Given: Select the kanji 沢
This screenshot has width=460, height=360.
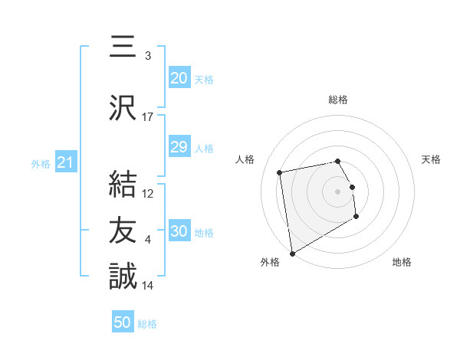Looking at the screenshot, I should (123, 109).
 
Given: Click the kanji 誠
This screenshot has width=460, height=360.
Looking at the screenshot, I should (123, 277).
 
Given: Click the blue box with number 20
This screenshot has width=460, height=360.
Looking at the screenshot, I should (179, 78).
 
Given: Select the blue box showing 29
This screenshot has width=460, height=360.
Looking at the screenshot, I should (179, 147).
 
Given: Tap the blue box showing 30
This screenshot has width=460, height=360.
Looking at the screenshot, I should (179, 231).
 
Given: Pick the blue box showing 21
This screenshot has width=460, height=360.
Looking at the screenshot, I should (64, 162).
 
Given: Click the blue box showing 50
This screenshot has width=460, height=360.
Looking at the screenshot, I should (123, 322).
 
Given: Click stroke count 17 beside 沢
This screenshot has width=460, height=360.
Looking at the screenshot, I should (148, 116).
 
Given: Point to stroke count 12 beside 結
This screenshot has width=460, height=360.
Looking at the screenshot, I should (148, 193).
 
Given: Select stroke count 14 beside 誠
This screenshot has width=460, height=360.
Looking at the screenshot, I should (148, 285).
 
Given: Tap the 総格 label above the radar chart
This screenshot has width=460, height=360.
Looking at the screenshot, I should (337, 100).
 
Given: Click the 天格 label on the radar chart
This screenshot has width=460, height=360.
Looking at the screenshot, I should (431, 159).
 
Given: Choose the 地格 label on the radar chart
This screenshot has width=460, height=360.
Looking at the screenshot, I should (402, 262).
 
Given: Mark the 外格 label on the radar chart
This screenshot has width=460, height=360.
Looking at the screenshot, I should (270, 262).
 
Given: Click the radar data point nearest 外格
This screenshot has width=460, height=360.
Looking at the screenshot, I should (291, 253).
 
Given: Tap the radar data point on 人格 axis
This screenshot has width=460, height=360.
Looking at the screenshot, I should (280, 172).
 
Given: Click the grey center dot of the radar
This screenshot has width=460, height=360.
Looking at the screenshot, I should (337, 191).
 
